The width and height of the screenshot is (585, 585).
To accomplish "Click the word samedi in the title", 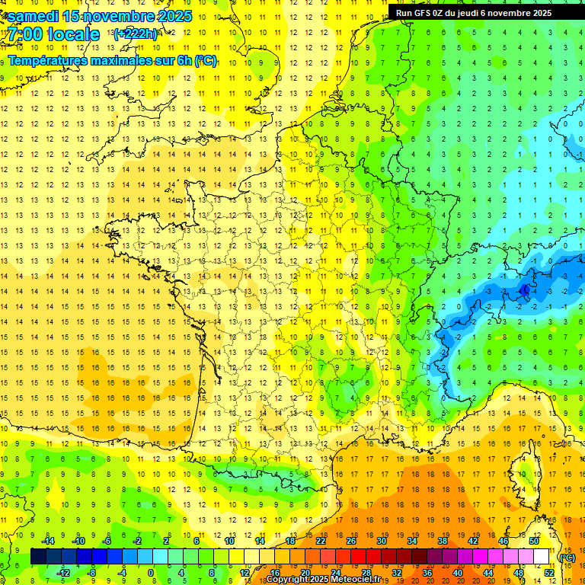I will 34,16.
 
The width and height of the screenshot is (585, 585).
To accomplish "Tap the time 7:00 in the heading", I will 23,34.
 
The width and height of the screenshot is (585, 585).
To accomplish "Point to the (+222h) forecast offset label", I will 136,34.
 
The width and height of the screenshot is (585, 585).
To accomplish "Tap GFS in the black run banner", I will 424,13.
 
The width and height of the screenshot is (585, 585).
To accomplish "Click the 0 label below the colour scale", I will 151,573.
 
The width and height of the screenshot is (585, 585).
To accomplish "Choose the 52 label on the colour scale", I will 548,573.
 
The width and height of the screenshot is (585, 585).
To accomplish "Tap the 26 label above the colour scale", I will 351,541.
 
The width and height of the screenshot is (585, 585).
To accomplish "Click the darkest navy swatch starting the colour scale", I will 38,557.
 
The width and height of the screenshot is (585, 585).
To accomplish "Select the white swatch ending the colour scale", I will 541,557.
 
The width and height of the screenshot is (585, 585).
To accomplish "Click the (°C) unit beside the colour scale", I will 567,558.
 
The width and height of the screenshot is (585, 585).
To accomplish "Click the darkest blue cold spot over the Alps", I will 526,289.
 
